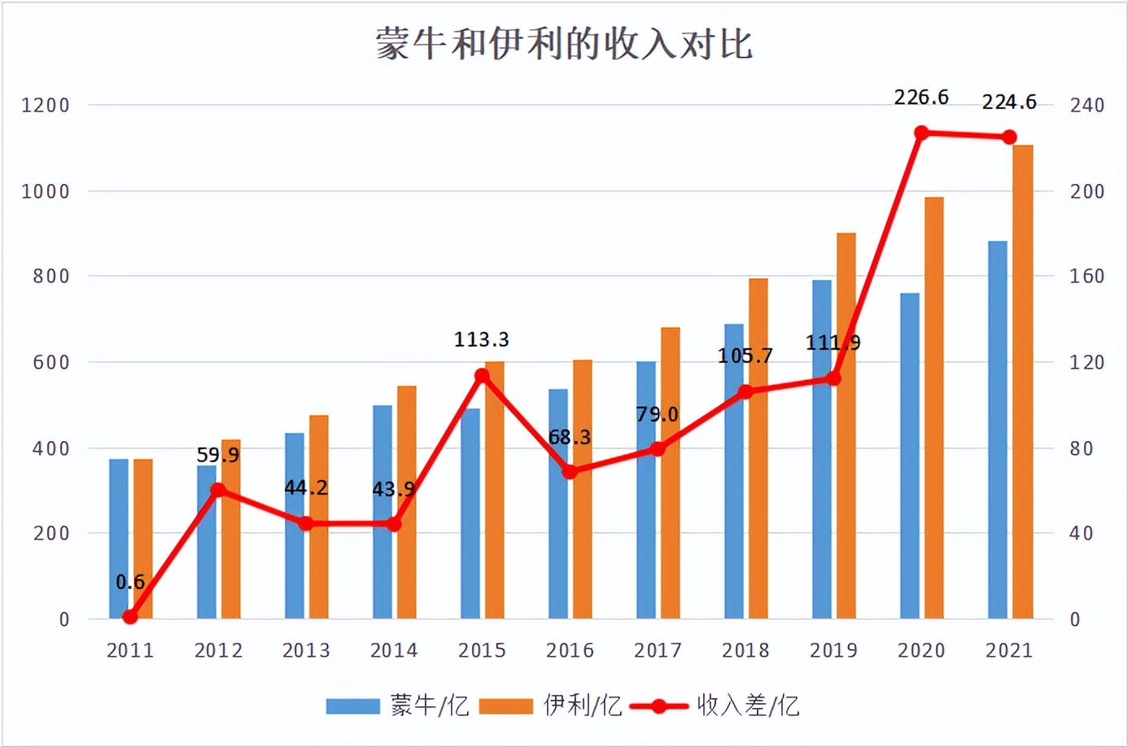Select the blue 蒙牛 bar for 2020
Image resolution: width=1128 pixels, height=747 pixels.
coord(910,456)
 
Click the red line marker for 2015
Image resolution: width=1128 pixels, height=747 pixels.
coord(482,376)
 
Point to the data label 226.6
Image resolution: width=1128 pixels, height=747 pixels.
coord(921,98)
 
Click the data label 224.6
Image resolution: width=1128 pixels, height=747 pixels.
coord(1009,103)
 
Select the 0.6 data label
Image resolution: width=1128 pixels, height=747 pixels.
coord(130,582)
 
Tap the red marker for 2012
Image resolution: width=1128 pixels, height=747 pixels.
coord(218,490)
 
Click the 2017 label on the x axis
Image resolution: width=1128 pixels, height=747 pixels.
coord(658,650)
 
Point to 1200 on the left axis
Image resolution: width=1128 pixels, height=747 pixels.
coord(46,105)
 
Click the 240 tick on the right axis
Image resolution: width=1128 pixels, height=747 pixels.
coord(1087,105)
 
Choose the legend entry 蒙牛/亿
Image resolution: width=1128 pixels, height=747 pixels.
coord(399,705)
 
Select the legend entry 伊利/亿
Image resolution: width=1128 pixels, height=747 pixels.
coord(551,705)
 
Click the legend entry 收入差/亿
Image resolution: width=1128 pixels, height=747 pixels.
coord(716,705)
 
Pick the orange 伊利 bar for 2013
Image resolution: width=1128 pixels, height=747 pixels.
coord(319,517)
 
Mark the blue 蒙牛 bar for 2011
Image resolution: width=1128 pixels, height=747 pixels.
coord(119,539)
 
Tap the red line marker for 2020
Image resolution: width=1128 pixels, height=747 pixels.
coord(921,133)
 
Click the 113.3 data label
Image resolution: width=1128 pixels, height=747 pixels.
coord(482,339)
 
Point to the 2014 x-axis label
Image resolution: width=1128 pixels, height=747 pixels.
coord(394,650)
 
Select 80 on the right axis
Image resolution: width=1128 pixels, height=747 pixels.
coord(1081,448)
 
